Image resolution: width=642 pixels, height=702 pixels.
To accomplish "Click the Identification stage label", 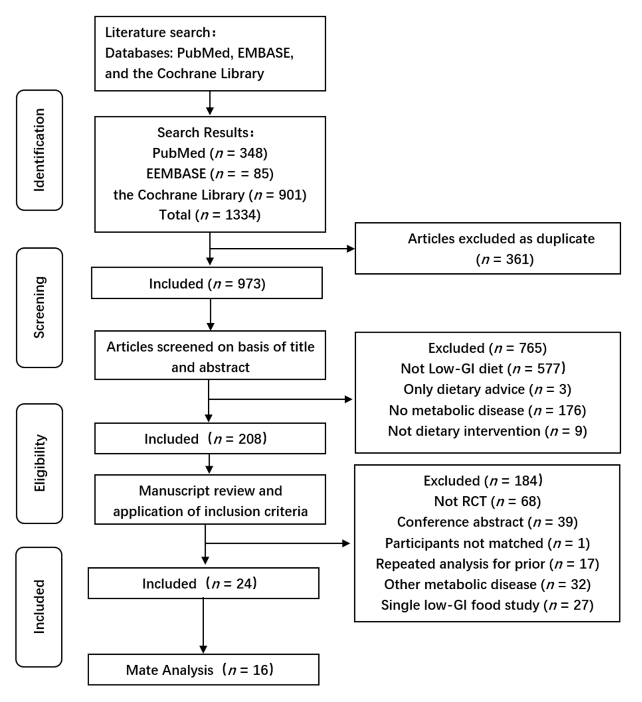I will (39, 150).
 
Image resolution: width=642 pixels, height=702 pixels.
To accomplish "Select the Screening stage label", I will (39, 307).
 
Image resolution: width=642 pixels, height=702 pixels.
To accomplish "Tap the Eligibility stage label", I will (39, 463).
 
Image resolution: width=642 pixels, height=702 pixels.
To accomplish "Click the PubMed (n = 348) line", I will (210, 153).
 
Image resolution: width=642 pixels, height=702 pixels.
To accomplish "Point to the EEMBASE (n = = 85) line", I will (210, 174).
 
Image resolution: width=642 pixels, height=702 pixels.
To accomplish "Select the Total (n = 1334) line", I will (210, 215).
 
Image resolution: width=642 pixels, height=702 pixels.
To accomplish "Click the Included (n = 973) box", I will (207, 283).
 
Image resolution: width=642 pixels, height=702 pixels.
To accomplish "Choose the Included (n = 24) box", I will (203, 584).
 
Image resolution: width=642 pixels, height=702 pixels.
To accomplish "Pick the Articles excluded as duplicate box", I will (487, 249).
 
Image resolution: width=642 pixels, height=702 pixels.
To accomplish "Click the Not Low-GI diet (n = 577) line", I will (483, 368).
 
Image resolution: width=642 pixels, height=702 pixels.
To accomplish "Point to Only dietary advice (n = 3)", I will (487, 389).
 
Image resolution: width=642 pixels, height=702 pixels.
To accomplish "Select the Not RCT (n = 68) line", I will (487, 501).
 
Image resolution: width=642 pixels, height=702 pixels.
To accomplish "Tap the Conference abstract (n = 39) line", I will (487, 522).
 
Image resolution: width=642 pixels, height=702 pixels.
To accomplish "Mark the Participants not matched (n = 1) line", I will (487, 543).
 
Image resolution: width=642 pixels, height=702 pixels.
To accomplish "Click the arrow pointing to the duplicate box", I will (282, 249).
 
